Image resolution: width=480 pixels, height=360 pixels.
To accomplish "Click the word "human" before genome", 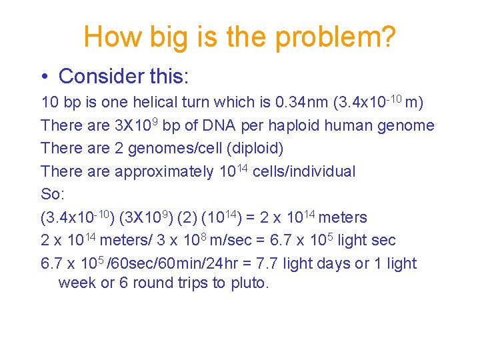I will [368, 125].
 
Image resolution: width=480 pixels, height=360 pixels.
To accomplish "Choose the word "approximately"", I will [165, 172].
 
